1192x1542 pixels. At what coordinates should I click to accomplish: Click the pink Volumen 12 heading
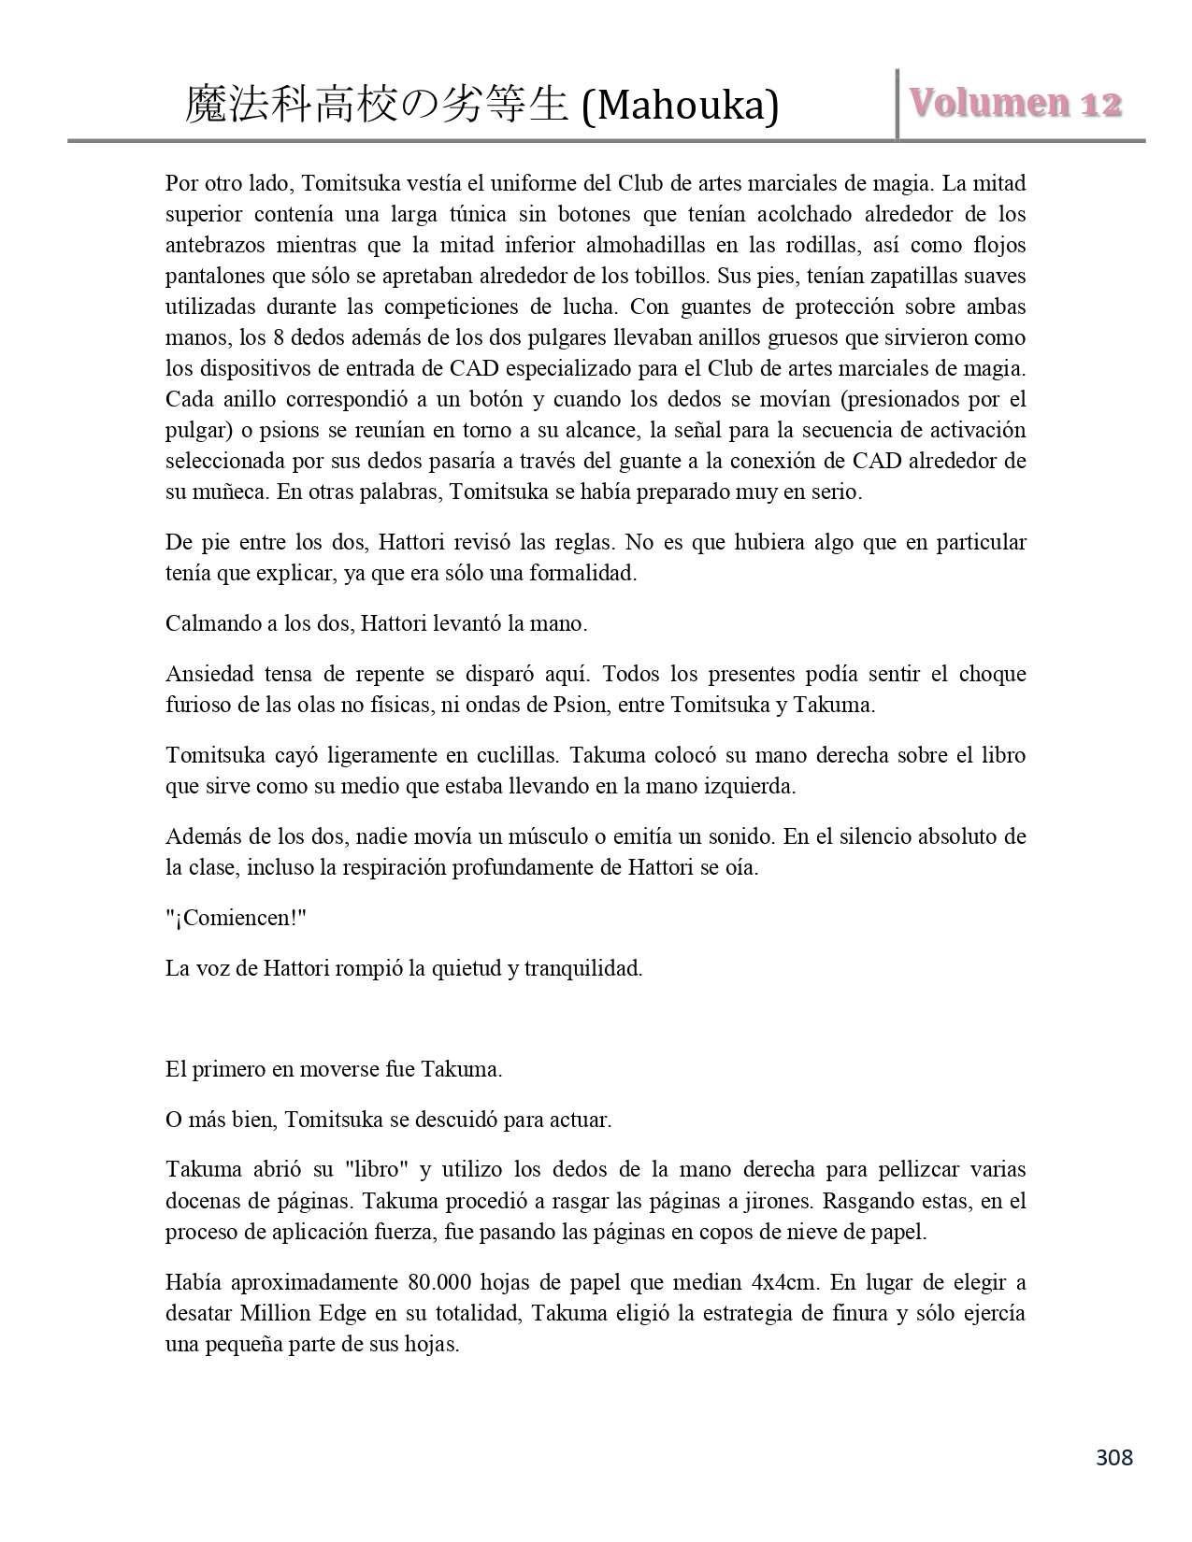(1015, 103)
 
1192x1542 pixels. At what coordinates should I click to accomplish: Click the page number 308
(1113, 1457)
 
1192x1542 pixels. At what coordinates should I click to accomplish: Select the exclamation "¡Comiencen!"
(237, 918)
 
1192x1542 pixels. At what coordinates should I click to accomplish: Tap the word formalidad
(580, 573)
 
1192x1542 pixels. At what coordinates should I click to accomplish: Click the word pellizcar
(927, 1169)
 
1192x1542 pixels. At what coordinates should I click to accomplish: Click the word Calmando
(208, 623)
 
